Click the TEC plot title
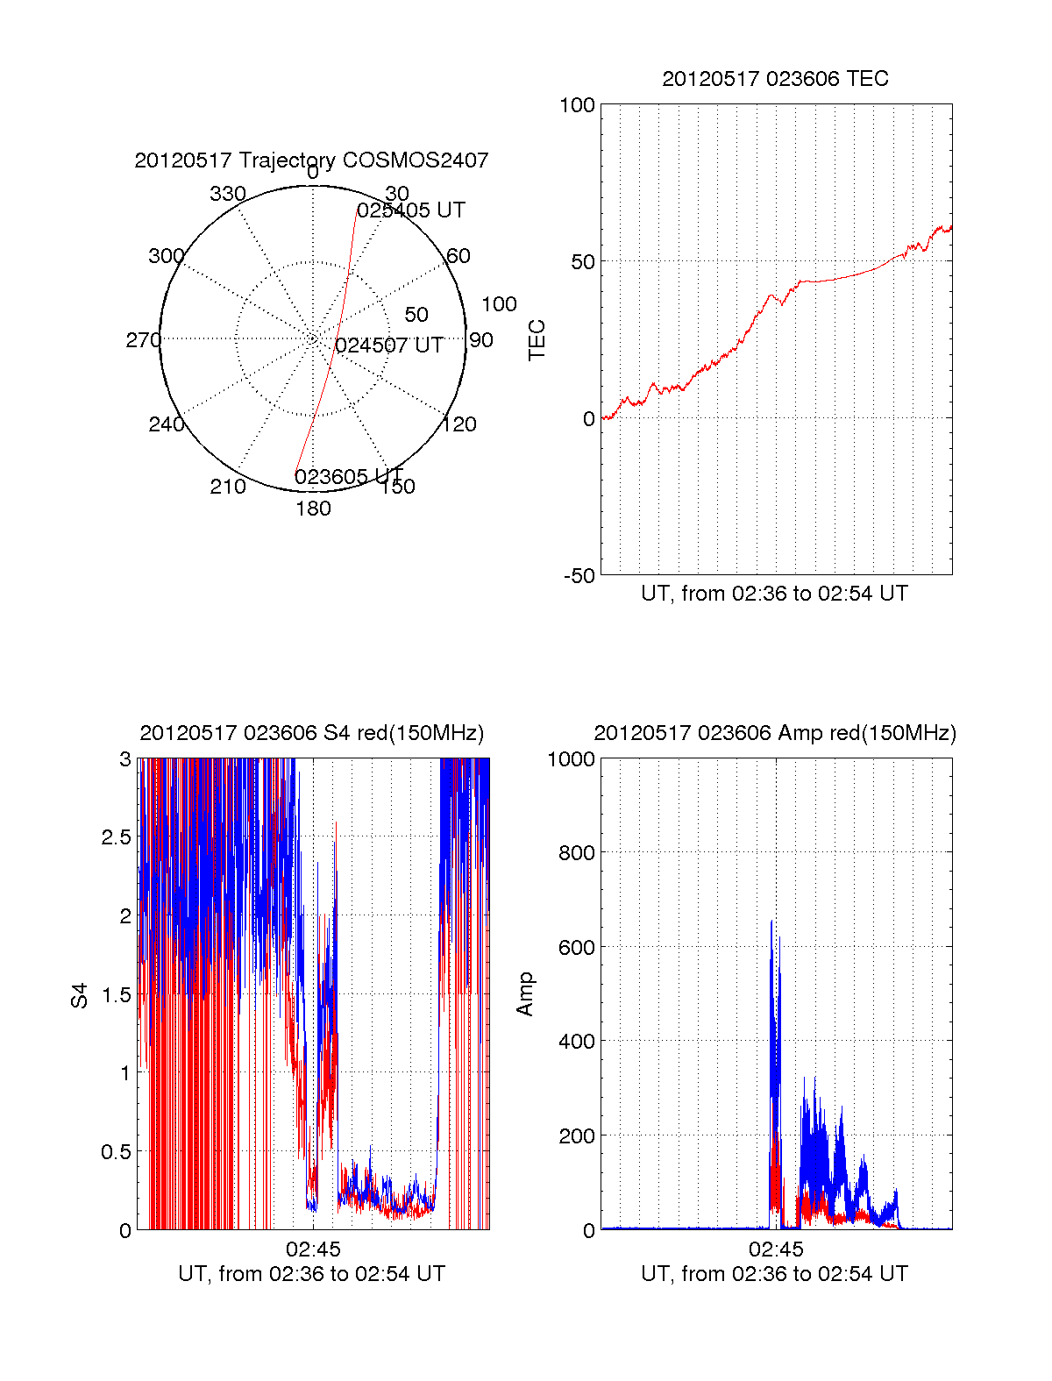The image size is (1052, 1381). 775,79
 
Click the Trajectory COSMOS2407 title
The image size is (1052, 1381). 311,160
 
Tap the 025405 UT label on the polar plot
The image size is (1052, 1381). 411,210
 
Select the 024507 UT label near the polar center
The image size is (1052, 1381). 388,345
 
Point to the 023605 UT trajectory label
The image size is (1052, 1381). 348,477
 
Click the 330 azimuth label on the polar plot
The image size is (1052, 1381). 227,194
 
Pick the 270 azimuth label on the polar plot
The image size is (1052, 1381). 143,340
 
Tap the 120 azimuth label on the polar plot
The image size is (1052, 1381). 459,424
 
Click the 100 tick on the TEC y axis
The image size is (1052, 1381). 577,106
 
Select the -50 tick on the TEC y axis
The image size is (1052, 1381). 579,576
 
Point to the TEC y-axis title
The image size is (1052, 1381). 537,340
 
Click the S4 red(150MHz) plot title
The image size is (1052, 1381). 311,733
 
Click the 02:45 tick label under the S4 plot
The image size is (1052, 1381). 313,1249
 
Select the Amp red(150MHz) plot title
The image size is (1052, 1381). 775,733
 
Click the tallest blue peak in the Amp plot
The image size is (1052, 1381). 771,922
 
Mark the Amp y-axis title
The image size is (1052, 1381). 525,994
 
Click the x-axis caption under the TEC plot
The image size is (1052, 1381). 775,594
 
